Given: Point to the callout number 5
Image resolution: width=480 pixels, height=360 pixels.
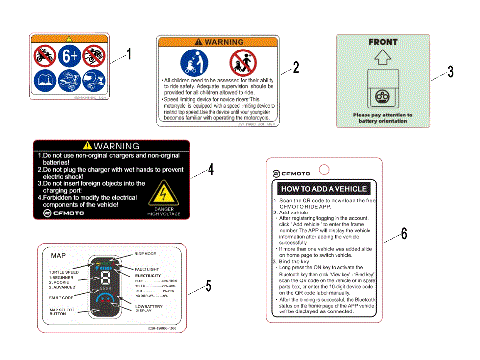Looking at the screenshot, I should click(208, 286).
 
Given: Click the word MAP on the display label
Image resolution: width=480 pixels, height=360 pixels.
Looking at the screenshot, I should click(59, 257).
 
